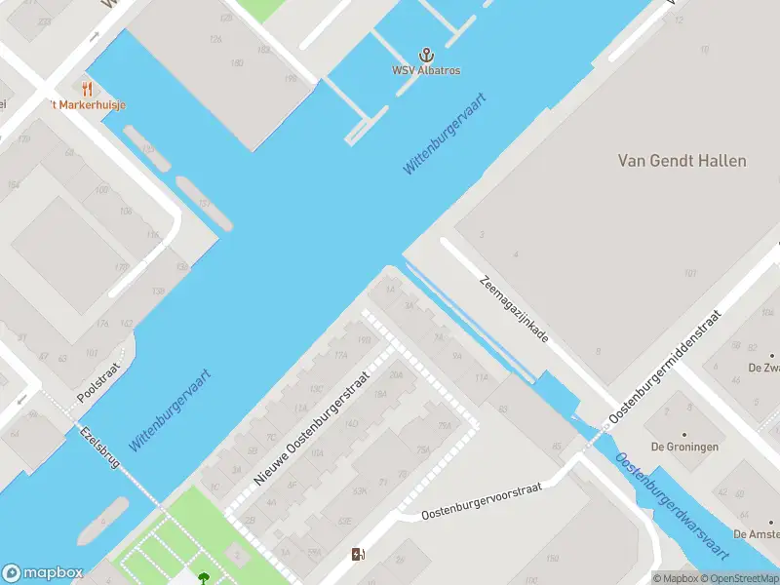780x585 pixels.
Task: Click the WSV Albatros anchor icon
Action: tap(426, 55)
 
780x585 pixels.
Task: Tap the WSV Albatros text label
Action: tap(426, 70)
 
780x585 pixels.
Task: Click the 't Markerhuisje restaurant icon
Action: tap(89, 89)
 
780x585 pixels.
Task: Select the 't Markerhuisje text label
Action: tap(89, 104)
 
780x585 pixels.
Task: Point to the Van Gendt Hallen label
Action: tap(682, 161)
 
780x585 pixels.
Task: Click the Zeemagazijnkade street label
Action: tap(514, 308)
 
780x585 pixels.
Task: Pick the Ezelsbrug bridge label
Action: tap(99, 448)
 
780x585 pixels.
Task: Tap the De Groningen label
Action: tap(685, 447)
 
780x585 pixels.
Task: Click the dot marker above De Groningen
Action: tap(684, 433)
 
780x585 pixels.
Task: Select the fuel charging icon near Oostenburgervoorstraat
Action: tap(359, 555)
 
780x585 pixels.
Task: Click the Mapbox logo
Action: tap(43, 573)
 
